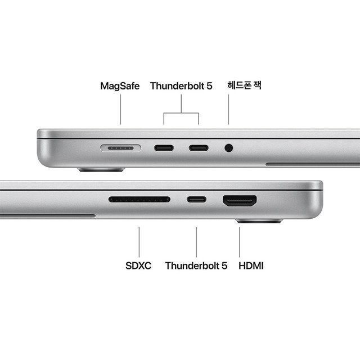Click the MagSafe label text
coord(120,86)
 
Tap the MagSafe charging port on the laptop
coord(119,148)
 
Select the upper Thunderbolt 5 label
coord(181,86)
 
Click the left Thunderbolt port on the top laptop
coord(164,148)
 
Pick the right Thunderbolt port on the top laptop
coord(199,148)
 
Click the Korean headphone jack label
coord(244,85)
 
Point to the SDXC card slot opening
coord(139,199)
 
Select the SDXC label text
coord(138,265)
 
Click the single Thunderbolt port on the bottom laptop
coord(196,199)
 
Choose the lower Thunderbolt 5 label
coord(196,265)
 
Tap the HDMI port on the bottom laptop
coord(240,200)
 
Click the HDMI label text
coord(251,265)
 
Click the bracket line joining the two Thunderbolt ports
coord(181,113)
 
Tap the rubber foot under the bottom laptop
coord(259,221)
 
